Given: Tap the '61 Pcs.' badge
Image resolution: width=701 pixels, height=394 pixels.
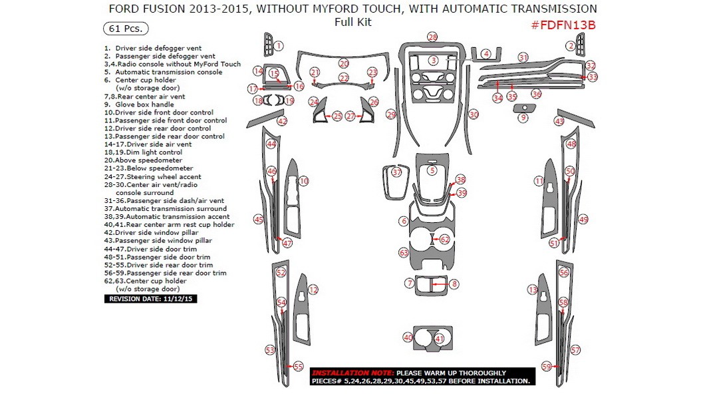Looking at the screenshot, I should click(125, 29).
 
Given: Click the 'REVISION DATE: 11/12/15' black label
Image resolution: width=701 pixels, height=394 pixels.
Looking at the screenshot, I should click(150, 299).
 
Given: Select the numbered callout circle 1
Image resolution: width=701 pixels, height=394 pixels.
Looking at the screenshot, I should click(279, 46).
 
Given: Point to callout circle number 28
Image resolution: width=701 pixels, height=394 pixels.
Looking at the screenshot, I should click(432, 37).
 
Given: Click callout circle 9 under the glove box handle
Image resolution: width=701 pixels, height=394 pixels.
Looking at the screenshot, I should click(523, 118).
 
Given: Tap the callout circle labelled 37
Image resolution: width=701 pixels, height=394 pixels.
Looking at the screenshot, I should click(396, 172).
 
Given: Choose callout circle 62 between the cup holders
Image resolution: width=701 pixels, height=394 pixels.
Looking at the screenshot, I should click(444, 239).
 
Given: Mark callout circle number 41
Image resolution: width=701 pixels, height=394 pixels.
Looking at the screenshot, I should click(439, 339).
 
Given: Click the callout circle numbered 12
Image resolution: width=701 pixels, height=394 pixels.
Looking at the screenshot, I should click(313, 290).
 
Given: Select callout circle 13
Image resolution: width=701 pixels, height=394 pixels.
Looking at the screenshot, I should click(532, 290).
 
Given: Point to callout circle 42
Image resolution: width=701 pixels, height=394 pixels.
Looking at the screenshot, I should click(282, 122).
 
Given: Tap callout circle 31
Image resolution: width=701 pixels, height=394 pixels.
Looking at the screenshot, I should click(523, 57).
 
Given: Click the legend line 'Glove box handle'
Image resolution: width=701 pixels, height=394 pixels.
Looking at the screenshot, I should click(144, 104).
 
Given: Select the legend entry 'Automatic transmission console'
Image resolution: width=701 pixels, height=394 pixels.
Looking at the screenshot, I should click(168, 72).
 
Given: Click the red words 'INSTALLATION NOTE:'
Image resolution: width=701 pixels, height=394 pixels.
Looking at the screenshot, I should click(352, 373).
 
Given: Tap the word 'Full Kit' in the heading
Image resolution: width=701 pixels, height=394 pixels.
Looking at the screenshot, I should click(353, 22).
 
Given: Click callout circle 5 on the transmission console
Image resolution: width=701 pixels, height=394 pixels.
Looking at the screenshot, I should click(432, 171).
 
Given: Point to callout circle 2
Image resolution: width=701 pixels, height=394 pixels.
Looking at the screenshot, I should click(570, 46).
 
